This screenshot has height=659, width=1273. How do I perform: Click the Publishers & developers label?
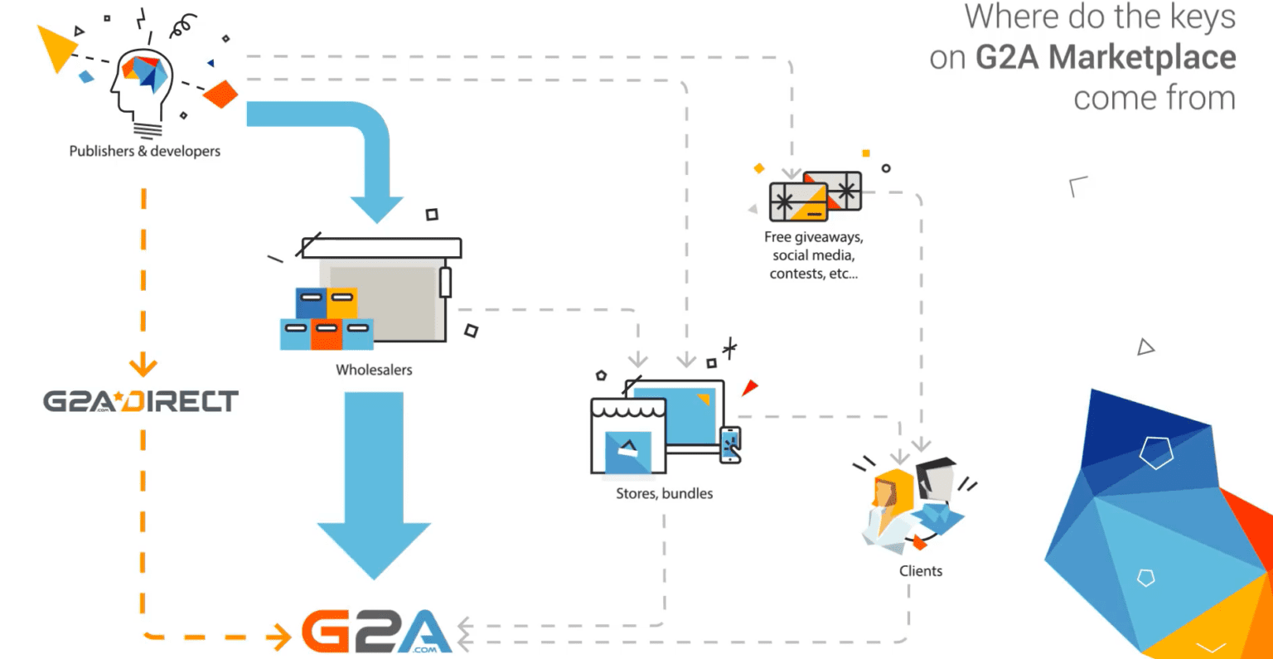pyautogui.click(x=144, y=151)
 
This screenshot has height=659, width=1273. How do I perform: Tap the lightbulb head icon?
pyautogui.click(x=143, y=86)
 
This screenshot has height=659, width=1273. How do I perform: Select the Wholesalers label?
pyautogui.click(x=374, y=370)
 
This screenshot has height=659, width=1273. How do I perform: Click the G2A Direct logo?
pyautogui.click(x=141, y=401)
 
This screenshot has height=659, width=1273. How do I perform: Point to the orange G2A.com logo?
pyautogui.click(x=377, y=632)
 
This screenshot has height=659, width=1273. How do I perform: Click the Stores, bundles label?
pyautogui.click(x=664, y=493)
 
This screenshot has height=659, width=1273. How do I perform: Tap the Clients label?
pyautogui.click(x=921, y=571)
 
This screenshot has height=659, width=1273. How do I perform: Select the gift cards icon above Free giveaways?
pyautogui.click(x=815, y=196)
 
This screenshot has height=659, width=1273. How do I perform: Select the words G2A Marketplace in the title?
pyautogui.click(x=1106, y=57)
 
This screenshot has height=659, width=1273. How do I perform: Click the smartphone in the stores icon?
pyautogui.click(x=730, y=444)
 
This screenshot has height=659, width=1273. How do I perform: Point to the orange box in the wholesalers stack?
pyautogui.click(x=327, y=333)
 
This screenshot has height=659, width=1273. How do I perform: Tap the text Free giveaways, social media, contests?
pyautogui.click(x=813, y=255)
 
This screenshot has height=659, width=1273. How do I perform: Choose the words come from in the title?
pyautogui.click(x=1154, y=98)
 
